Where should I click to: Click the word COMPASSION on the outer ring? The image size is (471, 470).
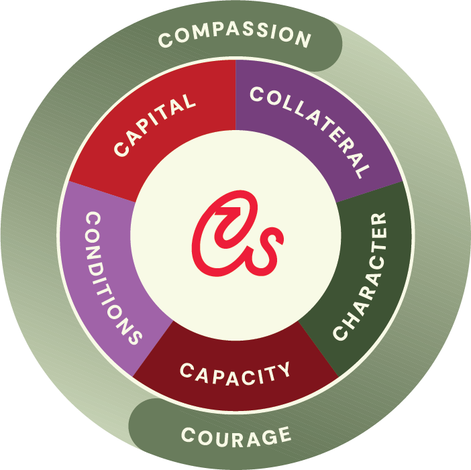(x=235, y=37)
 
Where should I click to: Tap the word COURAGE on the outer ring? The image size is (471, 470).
(x=236, y=436)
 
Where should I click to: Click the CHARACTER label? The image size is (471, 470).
(x=360, y=276)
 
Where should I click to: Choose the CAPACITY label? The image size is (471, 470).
(x=235, y=371)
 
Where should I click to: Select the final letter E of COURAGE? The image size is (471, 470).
(x=284, y=436)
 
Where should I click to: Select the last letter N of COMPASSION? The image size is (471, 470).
(x=304, y=41)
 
